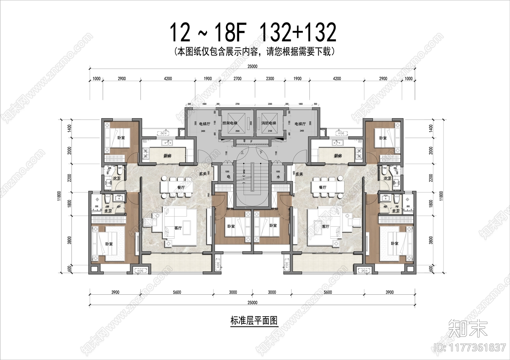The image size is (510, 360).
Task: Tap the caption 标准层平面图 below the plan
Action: coord(254,320)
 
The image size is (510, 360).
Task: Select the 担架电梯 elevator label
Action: coord(230,123)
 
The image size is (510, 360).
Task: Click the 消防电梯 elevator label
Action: coord(268,123)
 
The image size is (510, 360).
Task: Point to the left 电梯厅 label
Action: coord(205,124)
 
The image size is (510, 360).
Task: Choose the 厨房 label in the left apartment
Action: coord(168,156)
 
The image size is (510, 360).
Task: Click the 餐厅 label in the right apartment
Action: coord(323,188)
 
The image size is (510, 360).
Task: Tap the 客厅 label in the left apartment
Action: coord(178,228)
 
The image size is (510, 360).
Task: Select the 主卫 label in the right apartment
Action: coord(396,211)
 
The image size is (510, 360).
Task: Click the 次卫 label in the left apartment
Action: coord(117,178)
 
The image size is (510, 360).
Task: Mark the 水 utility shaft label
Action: coord(278,177)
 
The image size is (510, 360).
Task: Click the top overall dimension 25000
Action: coord(252,67)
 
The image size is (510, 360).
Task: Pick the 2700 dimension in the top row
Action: coord(237,79)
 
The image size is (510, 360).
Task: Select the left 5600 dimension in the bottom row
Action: coord(177,292)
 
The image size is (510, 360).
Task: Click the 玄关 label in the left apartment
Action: coord(203,174)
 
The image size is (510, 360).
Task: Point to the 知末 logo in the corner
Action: coord(468,328)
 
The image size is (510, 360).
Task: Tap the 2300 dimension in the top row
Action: coord(270,79)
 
